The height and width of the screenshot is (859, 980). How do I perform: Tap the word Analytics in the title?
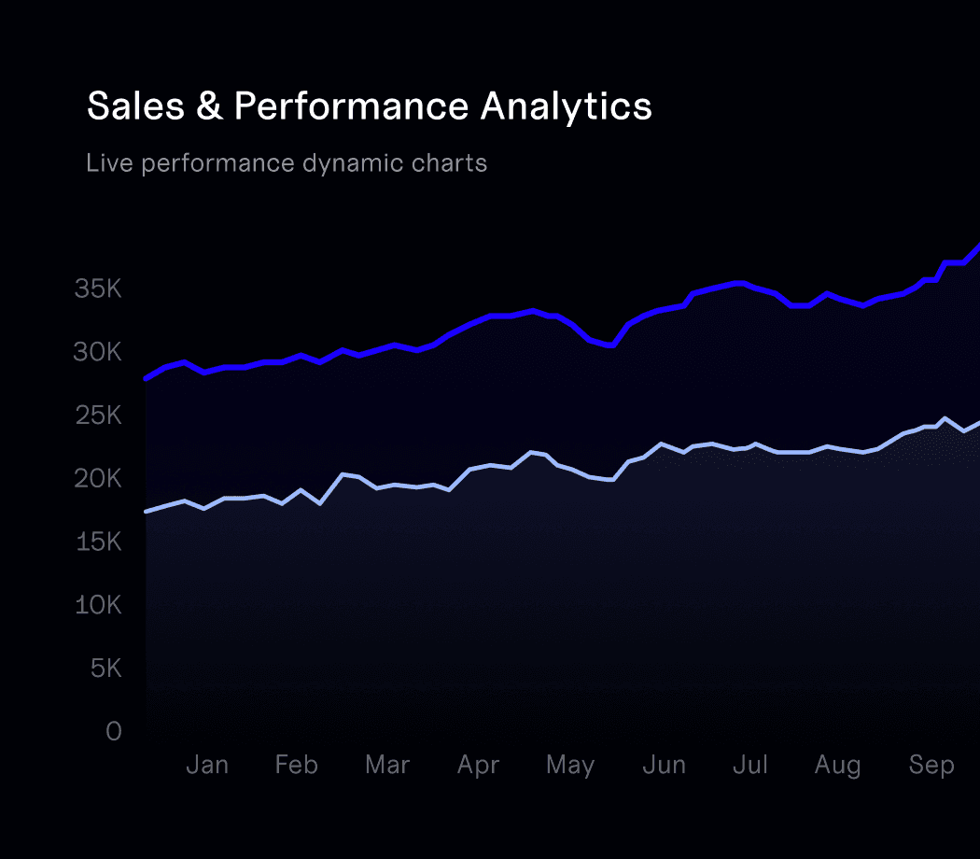click(566, 106)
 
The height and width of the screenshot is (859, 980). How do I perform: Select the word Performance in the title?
click(350, 106)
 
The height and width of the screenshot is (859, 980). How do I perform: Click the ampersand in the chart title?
click(210, 106)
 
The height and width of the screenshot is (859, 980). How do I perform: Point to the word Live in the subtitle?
click(105, 163)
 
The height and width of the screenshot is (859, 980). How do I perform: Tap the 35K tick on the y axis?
click(98, 289)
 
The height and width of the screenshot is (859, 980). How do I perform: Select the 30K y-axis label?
click(98, 352)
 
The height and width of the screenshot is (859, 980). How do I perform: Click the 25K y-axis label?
click(98, 415)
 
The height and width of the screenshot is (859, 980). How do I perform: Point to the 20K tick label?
click(98, 479)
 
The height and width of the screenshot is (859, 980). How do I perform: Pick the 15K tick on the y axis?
click(98, 542)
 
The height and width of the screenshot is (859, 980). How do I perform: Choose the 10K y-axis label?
click(98, 605)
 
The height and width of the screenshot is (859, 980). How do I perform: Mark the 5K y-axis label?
click(105, 669)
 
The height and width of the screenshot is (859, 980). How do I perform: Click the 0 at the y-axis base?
click(114, 731)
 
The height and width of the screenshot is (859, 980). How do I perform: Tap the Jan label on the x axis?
click(207, 766)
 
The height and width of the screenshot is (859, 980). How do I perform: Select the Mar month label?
click(387, 766)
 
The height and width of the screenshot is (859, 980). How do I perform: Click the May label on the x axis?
click(570, 766)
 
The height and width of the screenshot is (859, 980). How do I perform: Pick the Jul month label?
click(750, 766)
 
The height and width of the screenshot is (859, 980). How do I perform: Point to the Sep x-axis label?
click(931, 766)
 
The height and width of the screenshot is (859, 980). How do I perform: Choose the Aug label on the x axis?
click(837, 766)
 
